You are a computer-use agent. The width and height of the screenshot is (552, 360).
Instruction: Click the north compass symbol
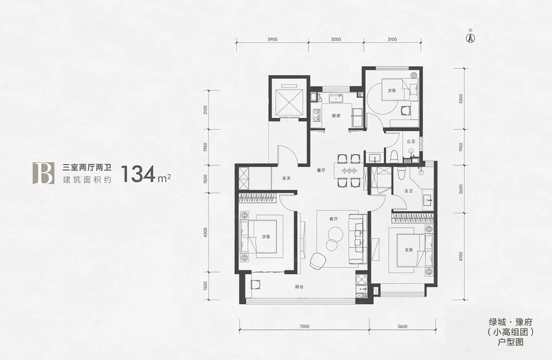[470, 38]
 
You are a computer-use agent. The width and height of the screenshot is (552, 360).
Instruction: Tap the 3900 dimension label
[272, 39]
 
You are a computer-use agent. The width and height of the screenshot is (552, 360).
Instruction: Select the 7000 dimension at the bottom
[304, 326]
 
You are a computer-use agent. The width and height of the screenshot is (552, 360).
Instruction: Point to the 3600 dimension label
[403, 326]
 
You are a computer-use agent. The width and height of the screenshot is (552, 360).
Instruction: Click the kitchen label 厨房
[336, 115]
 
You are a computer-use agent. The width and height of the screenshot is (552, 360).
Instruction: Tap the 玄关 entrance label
[286, 178]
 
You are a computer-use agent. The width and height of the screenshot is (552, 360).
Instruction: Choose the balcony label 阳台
[299, 287]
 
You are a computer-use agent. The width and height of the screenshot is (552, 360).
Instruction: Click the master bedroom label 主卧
[409, 250]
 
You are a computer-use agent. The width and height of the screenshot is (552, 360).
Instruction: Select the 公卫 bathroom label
[411, 142]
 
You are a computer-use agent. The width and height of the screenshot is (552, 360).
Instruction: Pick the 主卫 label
[409, 191]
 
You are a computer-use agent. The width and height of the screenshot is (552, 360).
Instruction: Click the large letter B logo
[44, 173]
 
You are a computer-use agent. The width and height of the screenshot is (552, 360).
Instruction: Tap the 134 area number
[138, 174]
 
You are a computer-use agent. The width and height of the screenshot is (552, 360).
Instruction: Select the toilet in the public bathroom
[394, 156]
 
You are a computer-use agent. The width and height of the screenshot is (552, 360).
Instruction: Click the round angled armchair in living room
[318, 261]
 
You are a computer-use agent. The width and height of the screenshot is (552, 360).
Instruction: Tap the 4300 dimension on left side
[206, 232]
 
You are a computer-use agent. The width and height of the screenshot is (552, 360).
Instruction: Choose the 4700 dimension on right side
[461, 256]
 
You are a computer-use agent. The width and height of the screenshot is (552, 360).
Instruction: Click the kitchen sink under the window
[336, 98]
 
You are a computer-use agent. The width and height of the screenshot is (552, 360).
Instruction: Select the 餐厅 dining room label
[321, 170]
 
